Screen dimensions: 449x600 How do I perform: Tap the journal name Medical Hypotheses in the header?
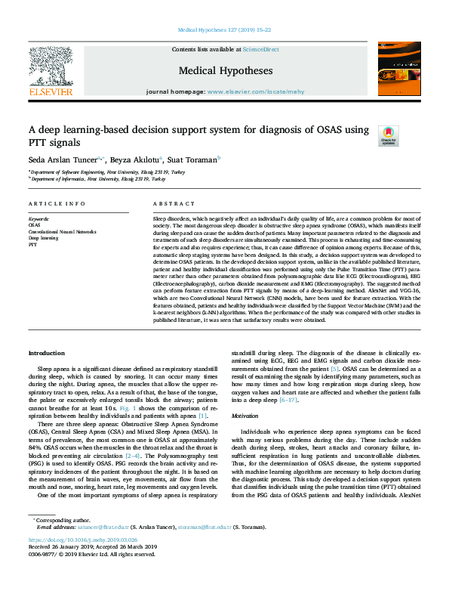click(226, 71)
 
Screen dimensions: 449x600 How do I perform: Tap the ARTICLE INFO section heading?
click(57, 205)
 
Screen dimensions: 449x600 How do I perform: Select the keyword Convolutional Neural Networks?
click(62, 231)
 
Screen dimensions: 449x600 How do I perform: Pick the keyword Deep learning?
click(44, 238)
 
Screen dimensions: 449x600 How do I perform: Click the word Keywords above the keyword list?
click(38, 219)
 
